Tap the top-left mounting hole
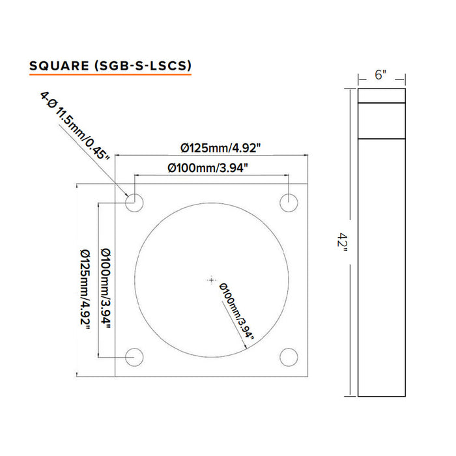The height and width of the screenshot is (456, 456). click(x=135, y=202)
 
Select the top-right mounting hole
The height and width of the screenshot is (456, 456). click(x=289, y=202)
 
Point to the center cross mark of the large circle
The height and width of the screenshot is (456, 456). click(x=211, y=279)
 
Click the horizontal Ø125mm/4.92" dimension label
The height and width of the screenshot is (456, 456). click(x=213, y=147)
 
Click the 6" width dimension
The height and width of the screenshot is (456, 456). click(x=381, y=75)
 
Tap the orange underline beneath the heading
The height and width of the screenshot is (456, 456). click(x=110, y=76)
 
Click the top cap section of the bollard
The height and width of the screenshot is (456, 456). click(x=382, y=96)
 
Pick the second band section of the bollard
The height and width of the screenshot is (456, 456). click(x=382, y=121)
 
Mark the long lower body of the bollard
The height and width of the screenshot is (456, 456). click(x=382, y=267)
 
